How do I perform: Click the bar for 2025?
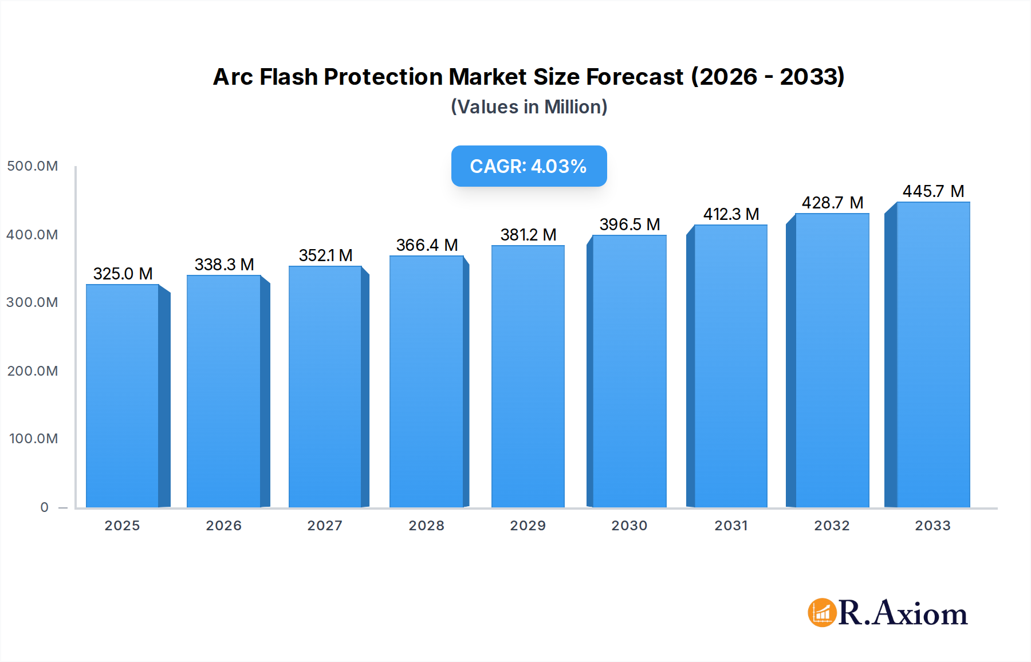123,395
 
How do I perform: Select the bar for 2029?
528,376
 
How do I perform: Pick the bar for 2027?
325,387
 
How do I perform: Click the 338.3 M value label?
224,265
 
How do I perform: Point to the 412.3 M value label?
731,214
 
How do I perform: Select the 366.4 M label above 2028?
427,245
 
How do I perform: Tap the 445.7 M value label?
933,191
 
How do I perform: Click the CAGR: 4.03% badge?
529,166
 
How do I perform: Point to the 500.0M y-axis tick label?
33,166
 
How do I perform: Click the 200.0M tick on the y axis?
33,371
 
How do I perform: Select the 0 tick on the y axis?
45,507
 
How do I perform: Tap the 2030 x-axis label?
629,526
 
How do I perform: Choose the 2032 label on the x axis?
832,526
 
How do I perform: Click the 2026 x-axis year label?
223,526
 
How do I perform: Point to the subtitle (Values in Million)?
529,107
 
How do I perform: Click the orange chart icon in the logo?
822,613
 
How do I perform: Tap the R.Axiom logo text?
903,613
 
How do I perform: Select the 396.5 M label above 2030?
629,224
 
